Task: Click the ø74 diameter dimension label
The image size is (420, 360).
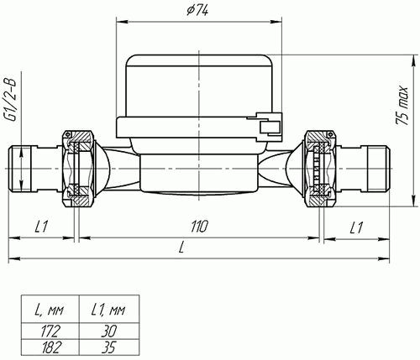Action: (x=197, y=11)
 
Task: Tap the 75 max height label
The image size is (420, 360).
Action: (x=402, y=105)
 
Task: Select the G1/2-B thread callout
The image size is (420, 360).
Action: (x=11, y=100)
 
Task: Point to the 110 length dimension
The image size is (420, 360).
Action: (x=200, y=227)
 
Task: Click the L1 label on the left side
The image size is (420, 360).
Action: (x=41, y=227)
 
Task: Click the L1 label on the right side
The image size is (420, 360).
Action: (x=356, y=227)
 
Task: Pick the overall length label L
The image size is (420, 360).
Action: (x=181, y=248)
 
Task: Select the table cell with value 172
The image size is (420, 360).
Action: (x=50, y=331)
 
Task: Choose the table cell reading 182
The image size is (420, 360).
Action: (x=50, y=347)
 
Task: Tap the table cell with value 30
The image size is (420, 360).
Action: (x=109, y=331)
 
